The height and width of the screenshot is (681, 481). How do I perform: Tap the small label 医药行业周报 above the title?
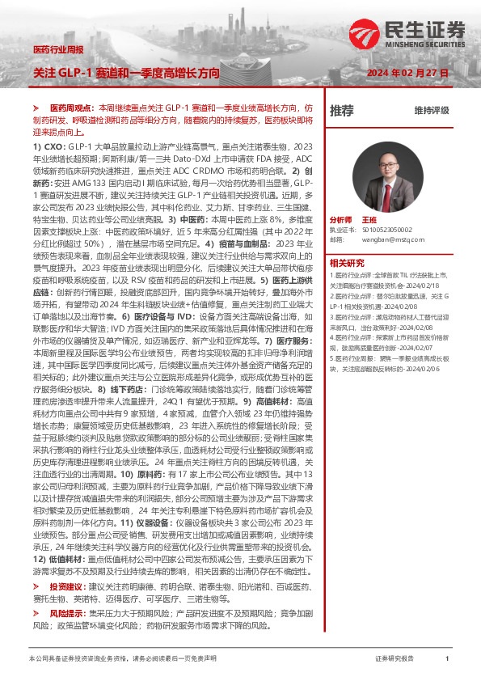click(59, 51)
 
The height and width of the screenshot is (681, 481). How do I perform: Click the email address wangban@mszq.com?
click(391, 239)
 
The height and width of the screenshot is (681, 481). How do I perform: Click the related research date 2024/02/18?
click(423, 286)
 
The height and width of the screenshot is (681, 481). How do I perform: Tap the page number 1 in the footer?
click(447, 659)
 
